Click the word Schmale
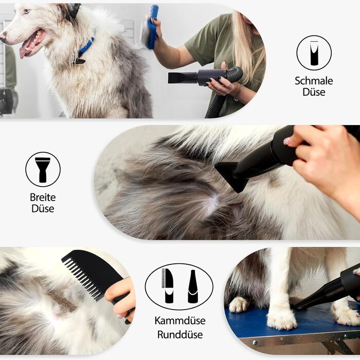[x=314, y=81]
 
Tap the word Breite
[x=43, y=197]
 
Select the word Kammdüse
[x=180, y=320]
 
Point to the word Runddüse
[x=180, y=334]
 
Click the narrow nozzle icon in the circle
[x=314, y=53]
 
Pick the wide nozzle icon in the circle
[x=43, y=169]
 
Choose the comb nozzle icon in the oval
[x=168, y=285]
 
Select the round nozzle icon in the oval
[x=193, y=286]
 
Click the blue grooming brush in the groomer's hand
[x=151, y=28]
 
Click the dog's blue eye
[x=26, y=11]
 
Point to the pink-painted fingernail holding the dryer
[x=286, y=141]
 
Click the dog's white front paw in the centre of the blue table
[x=281, y=317]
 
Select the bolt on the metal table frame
[x=255, y=343]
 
